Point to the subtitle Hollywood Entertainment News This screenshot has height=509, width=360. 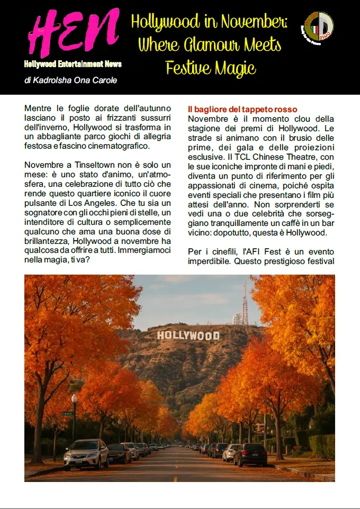73,64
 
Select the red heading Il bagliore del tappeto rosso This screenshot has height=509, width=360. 242,110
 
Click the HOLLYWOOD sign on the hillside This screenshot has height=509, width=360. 188,335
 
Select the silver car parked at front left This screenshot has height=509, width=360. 86,453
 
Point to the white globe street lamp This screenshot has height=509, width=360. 74,398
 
